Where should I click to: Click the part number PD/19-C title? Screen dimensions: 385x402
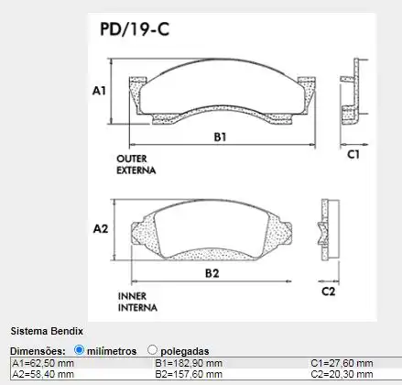[x=133, y=28]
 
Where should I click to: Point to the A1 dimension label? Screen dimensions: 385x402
[x=100, y=91]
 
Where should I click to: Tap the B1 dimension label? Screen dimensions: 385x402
[x=220, y=137]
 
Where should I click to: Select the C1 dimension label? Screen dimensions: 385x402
[x=353, y=155]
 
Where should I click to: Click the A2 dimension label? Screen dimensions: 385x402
[x=100, y=228]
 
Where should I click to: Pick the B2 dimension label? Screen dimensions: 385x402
[x=212, y=273]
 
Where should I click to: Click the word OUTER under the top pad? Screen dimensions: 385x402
[x=132, y=159]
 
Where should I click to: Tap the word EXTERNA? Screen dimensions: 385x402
[x=136, y=170]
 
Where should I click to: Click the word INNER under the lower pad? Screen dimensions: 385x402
[x=131, y=296]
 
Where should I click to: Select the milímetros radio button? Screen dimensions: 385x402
[x=80, y=350]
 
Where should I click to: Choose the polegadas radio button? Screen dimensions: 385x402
[x=152, y=350]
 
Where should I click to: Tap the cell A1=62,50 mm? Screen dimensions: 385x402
[x=44, y=364]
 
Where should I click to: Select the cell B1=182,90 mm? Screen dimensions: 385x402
[x=189, y=364]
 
